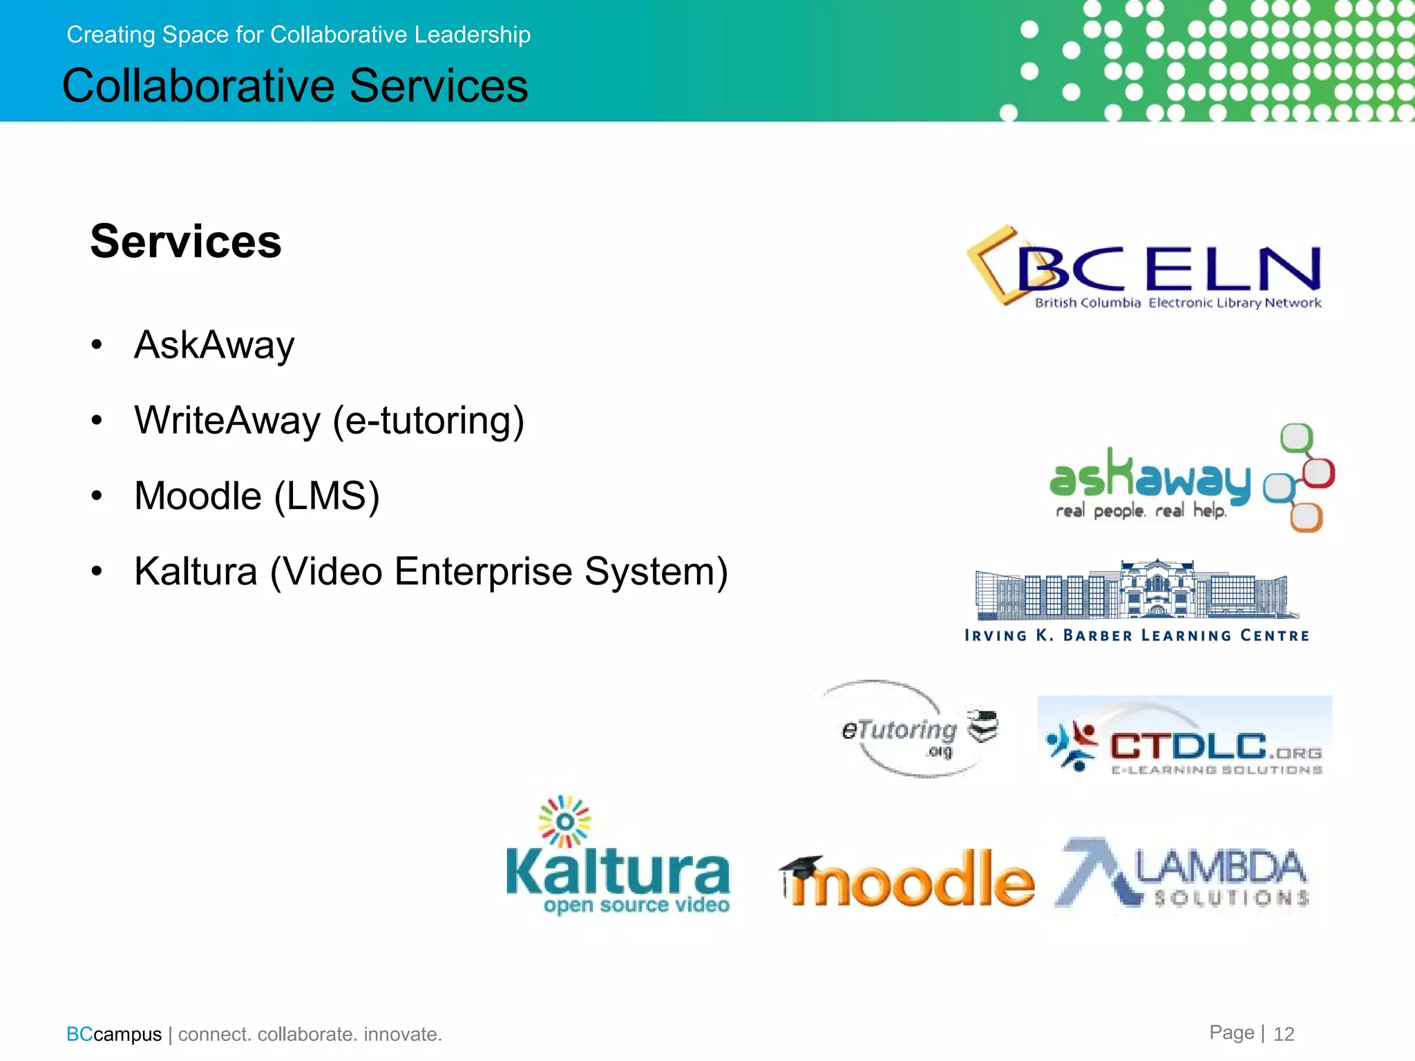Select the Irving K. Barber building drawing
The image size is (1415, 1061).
(x=1136, y=590)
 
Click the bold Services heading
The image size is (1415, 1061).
(x=186, y=242)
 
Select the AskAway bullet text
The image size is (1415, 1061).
(x=214, y=345)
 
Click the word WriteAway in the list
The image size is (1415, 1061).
(x=227, y=420)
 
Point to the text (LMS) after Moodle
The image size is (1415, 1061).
(x=327, y=496)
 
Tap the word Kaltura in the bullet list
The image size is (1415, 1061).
(x=196, y=571)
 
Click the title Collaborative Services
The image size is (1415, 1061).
(x=295, y=86)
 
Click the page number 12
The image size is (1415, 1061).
(x=1284, y=1034)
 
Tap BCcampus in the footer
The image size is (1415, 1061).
(x=114, y=1034)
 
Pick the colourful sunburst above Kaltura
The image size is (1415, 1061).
(x=564, y=821)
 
